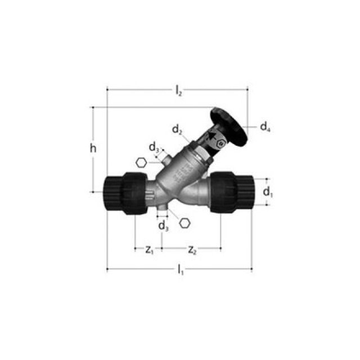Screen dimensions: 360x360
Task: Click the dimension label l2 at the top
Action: (x=178, y=90)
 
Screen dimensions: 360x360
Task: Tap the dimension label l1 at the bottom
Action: (x=180, y=271)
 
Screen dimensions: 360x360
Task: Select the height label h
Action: (x=94, y=148)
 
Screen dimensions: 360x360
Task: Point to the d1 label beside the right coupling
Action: (x=268, y=192)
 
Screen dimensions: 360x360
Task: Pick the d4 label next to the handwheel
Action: (x=265, y=127)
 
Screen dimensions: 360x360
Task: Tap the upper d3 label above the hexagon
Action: (x=154, y=147)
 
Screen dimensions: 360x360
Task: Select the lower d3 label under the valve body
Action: (x=163, y=226)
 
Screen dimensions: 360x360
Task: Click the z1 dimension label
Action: (x=149, y=250)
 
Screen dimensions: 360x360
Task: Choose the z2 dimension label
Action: (x=192, y=250)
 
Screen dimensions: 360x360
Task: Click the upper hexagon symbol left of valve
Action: (x=141, y=163)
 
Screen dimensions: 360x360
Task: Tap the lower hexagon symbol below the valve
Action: (x=184, y=222)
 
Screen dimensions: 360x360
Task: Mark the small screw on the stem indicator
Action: (x=222, y=144)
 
